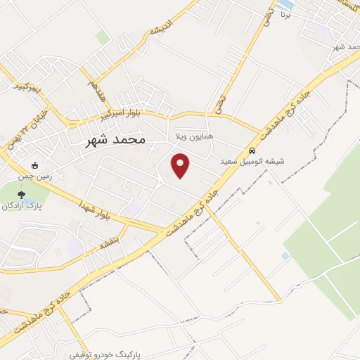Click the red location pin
[x=181, y=165]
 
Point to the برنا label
[x=284, y=14]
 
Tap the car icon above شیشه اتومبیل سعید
[x=252, y=150]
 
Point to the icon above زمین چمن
[x=35, y=165]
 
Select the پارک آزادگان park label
[x=22, y=207]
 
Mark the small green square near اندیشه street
[x=103, y=37]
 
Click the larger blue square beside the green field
[x=284, y=256]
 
